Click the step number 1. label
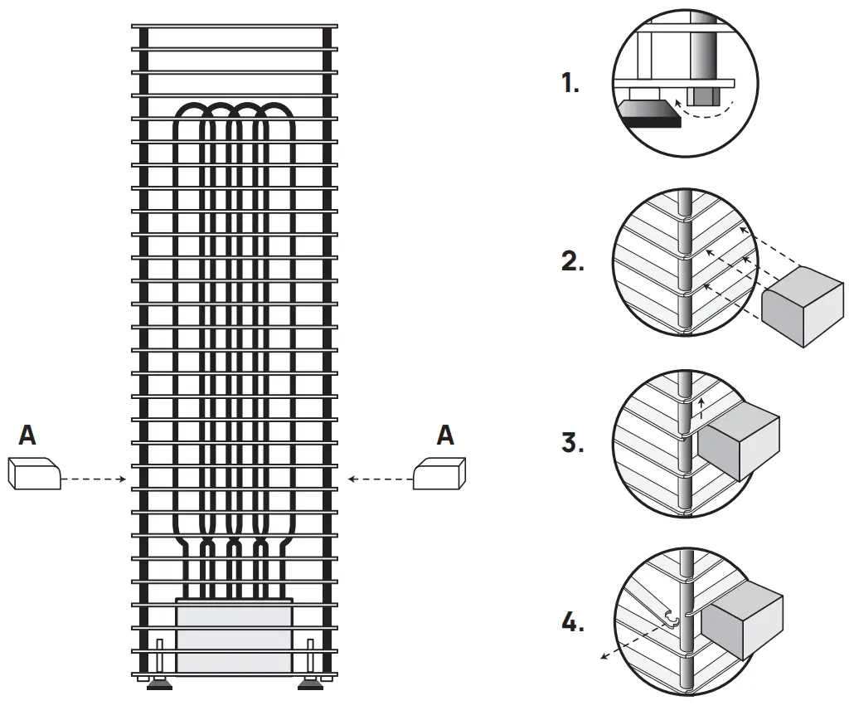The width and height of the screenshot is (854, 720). (x=570, y=83)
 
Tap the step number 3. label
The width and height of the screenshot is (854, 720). (x=572, y=442)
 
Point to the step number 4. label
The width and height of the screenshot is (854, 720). (x=572, y=621)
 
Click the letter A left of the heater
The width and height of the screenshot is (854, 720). (x=27, y=435)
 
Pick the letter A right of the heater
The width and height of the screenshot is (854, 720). (x=446, y=435)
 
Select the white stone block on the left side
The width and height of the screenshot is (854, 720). (x=34, y=474)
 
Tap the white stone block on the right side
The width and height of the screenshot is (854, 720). (x=439, y=474)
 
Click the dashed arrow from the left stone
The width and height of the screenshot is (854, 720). (x=94, y=479)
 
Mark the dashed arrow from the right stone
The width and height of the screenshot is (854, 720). (x=380, y=479)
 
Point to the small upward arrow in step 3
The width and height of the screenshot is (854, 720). (x=701, y=406)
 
